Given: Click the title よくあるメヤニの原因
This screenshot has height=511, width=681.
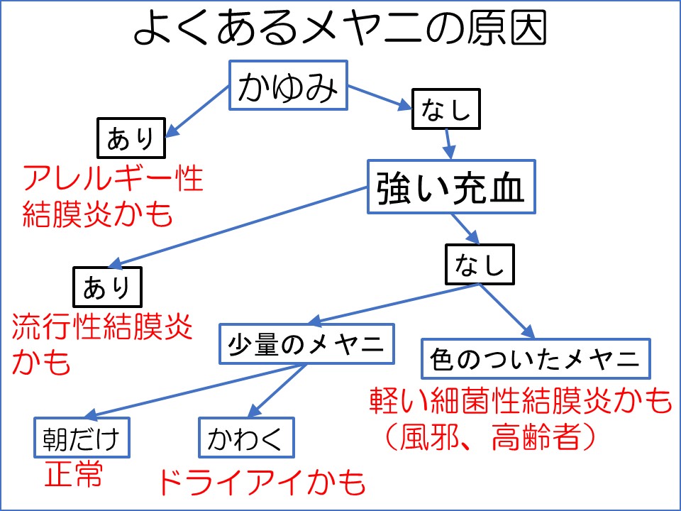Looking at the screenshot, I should click(340, 30).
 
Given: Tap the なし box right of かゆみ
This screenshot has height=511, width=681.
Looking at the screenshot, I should click(447, 109).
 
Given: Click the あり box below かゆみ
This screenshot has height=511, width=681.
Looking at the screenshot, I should click(131, 138).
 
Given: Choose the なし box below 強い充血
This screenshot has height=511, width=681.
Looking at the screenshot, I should click(479, 265).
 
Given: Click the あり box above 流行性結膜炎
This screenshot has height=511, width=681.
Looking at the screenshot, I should click(108, 287).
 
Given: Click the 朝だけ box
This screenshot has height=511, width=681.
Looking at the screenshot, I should click(83, 439).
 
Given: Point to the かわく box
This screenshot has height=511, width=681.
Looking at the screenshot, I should click(245, 439).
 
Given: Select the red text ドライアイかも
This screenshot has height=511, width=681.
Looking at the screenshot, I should click(260, 482).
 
